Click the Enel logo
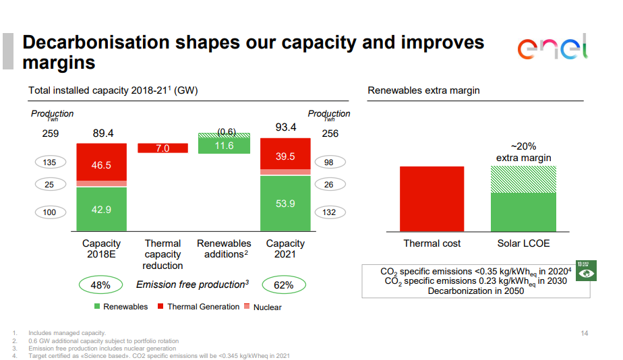tap(552, 49)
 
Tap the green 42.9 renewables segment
tap(101, 209)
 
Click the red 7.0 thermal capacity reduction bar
tap(162, 148)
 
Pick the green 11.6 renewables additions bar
tap(224, 146)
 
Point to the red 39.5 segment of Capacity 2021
tap(285, 154)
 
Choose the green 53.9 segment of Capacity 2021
tap(285, 203)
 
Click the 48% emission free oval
tap(100, 284)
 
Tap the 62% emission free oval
tap(284, 284)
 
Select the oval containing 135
tap(50, 162)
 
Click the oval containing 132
tap(330, 212)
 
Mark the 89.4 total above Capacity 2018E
tap(103, 133)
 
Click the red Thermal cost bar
tap(432, 198)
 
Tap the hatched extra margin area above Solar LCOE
tap(523, 179)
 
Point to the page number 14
tap(585, 333)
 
